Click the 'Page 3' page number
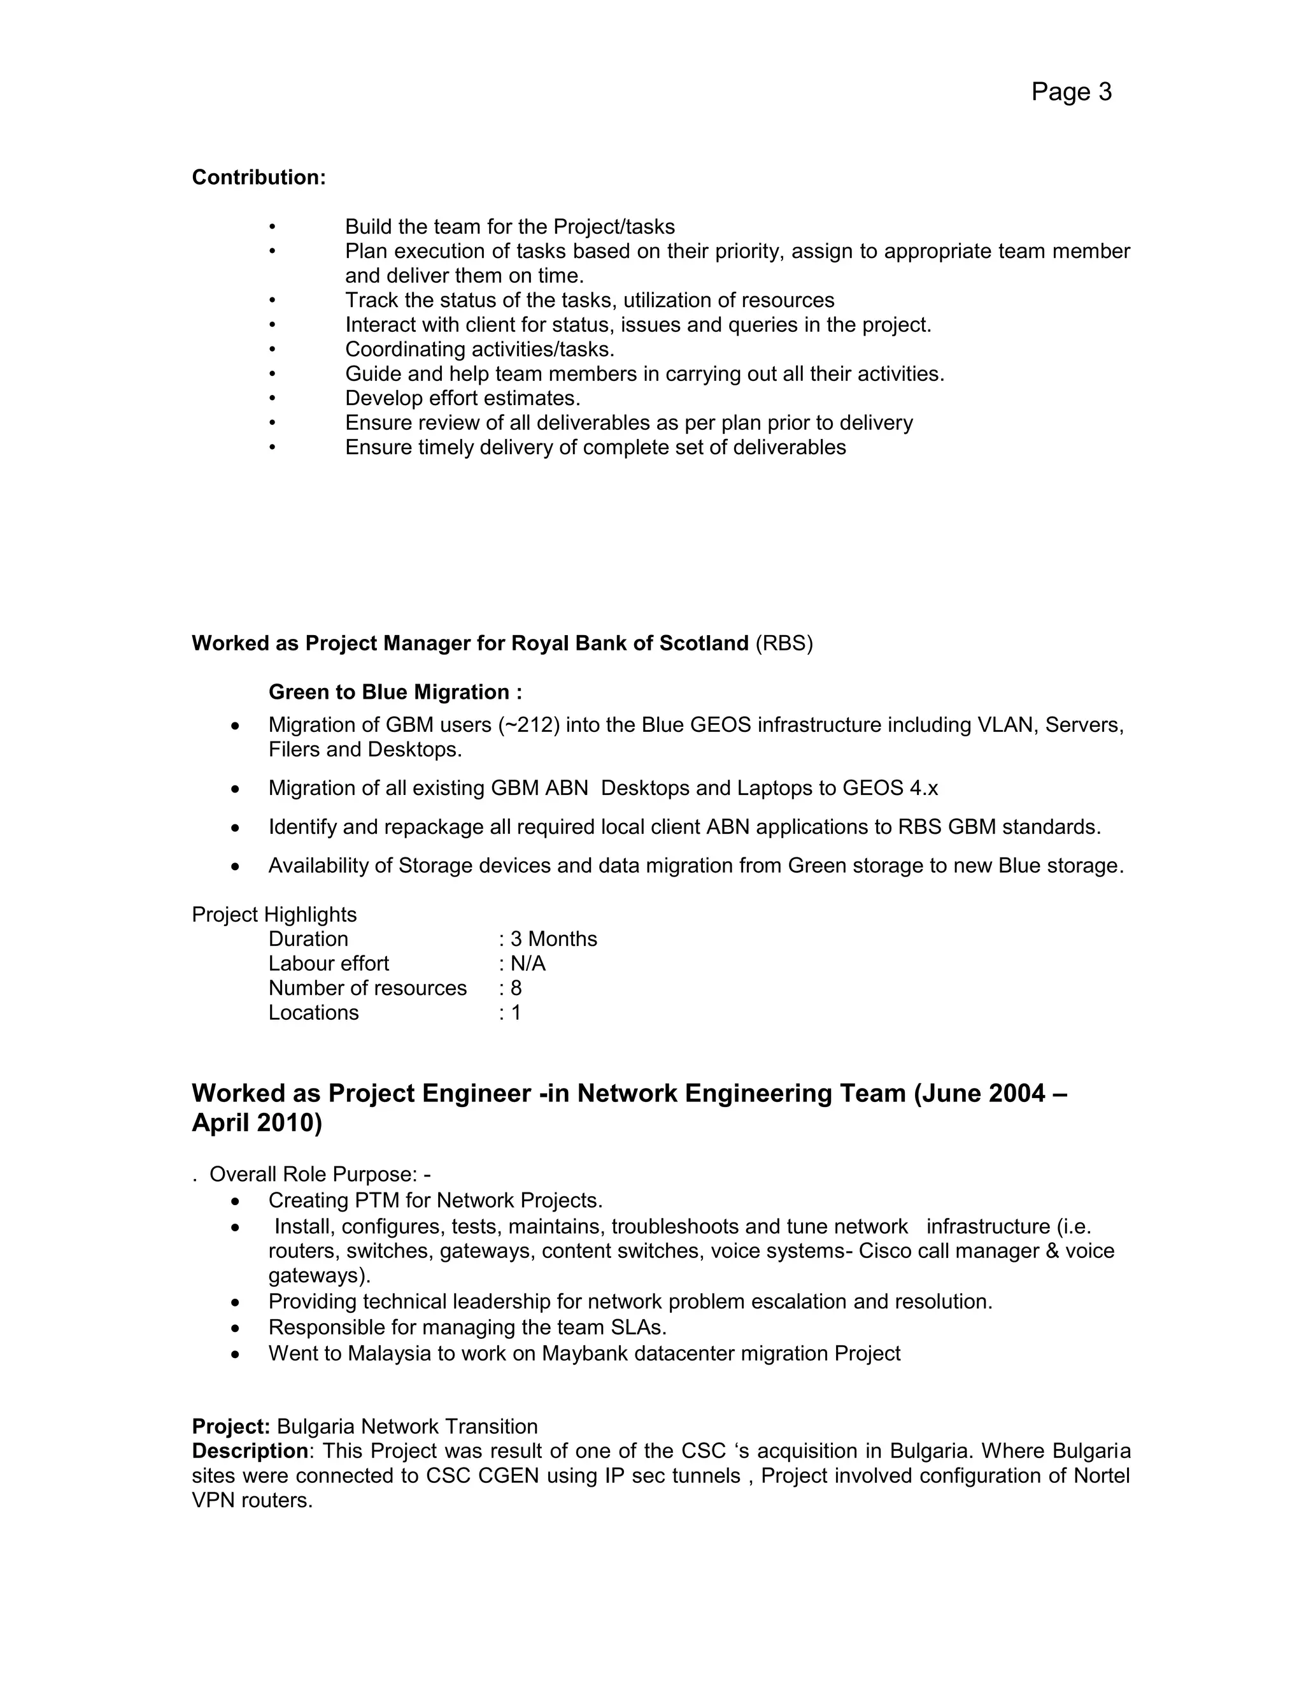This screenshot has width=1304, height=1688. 1071,92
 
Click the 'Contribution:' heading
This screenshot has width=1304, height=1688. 259,178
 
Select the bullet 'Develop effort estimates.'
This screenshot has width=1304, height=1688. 462,399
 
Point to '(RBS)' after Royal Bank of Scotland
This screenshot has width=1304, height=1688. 784,644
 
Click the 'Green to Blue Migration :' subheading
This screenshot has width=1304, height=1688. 395,692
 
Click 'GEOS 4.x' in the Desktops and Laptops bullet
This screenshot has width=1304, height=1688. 890,789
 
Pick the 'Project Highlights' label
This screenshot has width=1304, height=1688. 274,915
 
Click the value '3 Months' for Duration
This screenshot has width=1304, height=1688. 553,940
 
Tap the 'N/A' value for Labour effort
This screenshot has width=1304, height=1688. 528,964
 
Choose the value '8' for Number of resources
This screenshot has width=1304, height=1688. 516,989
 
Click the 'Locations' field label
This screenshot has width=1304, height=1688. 314,1013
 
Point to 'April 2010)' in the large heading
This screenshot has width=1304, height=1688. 257,1123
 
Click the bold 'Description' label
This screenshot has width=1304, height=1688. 250,1452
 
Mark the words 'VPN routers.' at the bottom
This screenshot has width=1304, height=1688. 252,1501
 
